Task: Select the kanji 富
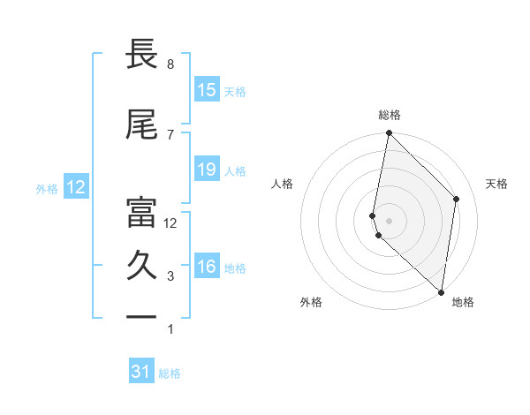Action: coord(141,212)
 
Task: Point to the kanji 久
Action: coord(141,266)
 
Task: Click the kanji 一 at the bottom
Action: coord(141,316)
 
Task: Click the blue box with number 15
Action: coord(207,90)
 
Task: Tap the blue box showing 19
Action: coord(207,170)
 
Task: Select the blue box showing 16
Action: coord(207,267)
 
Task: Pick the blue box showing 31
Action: coord(141,372)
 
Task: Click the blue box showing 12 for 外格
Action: coord(76,187)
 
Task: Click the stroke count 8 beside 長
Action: coord(170,64)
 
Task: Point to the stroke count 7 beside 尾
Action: coord(170,134)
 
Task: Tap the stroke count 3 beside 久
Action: coord(170,276)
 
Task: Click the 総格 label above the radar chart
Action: coord(390,115)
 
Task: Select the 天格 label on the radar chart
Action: coord(496,184)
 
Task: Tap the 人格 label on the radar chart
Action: coord(283,184)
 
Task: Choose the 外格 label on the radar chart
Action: coord(311,302)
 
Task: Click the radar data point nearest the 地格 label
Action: coord(441,291)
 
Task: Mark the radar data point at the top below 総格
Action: coord(389,133)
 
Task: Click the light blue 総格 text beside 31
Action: coord(170,373)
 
